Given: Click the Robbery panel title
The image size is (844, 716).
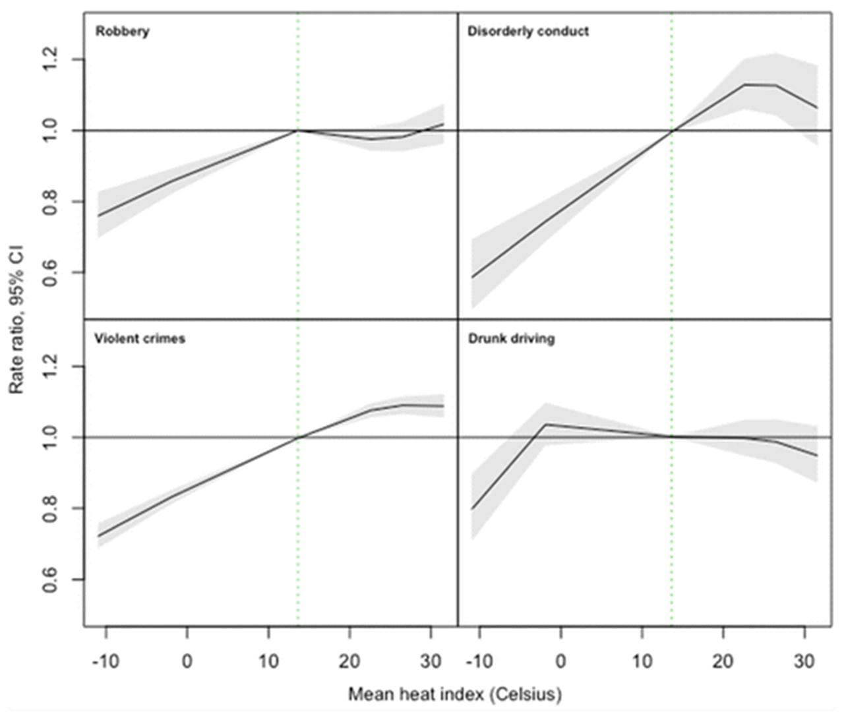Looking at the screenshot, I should click(x=123, y=31).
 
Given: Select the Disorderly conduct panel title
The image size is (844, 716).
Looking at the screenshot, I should click(x=527, y=31).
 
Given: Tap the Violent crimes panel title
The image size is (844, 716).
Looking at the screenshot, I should click(x=139, y=338).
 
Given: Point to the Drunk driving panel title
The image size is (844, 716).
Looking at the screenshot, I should click(x=511, y=338).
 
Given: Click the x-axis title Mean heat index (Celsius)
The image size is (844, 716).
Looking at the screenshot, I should click(x=455, y=694).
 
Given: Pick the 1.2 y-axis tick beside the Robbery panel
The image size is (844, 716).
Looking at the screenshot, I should click(x=51, y=59).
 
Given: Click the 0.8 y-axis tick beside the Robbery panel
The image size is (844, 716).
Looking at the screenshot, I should click(x=51, y=201).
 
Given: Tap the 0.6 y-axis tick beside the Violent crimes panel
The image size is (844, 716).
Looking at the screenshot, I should click(x=51, y=580).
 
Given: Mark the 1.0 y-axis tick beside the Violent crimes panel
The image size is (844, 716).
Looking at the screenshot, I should click(x=51, y=437).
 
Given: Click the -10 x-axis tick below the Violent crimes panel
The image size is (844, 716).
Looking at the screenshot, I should click(x=105, y=661).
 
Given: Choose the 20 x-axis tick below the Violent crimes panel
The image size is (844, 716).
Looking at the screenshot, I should click(x=349, y=661).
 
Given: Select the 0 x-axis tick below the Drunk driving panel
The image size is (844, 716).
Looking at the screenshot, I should click(x=560, y=661).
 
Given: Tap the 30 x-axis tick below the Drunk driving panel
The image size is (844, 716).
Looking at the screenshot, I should click(x=804, y=661).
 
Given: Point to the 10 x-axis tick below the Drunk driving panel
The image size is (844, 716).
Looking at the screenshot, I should click(x=642, y=661).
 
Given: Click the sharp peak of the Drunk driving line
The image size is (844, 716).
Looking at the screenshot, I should click(x=545, y=424).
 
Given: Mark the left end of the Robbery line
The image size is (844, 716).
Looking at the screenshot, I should click(x=98, y=216).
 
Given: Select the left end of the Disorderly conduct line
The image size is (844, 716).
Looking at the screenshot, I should click(x=471, y=278).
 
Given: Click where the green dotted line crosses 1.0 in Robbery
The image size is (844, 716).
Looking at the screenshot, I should click(x=298, y=131).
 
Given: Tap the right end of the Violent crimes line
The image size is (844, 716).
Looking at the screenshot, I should click(x=443, y=406).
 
